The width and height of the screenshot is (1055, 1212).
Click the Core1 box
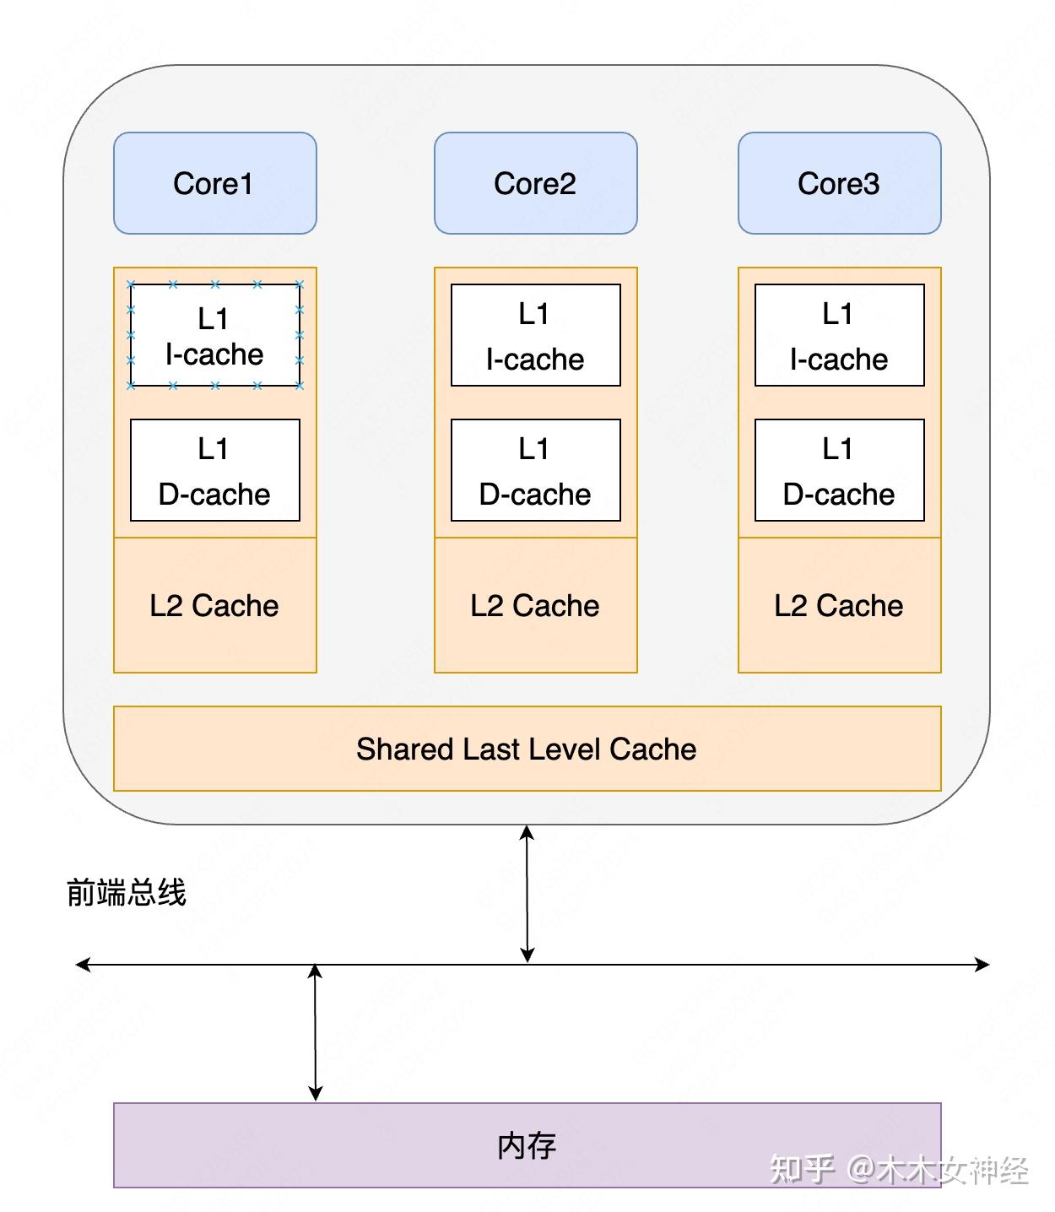[x=215, y=183]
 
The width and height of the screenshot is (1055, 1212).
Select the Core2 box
[x=535, y=183]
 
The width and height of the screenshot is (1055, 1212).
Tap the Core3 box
[x=840, y=183]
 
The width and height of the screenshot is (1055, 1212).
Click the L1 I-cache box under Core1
[x=215, y=335]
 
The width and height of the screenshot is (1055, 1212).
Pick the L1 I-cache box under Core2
[x=535, y=335]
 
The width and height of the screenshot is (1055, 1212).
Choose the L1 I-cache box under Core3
[x=840, y=335]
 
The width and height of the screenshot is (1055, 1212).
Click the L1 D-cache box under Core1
[x=215, y=470]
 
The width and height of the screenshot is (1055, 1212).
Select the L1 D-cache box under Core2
[x=535, y=470]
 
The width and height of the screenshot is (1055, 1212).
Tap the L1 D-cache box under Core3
[x=840, y=470]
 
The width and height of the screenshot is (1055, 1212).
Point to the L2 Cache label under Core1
[x=214, y=605]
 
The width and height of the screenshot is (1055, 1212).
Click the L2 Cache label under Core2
[x=534, y=605]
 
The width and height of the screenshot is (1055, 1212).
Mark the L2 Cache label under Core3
[x=838, y=605]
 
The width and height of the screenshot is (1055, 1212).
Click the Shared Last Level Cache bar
[x=527, y=748]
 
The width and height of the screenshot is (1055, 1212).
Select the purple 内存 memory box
[x=527, y=1145]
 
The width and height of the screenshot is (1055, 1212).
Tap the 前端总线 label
[x=126, y=892]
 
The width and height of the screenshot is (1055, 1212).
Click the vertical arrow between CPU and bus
[x=527, y=894]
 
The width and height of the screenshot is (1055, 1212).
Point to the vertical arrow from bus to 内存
[x=315, y=1032]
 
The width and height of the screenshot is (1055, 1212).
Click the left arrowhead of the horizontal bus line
[x=83, y=965]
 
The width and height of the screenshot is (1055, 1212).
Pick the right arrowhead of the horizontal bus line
[x=982, y=965]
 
